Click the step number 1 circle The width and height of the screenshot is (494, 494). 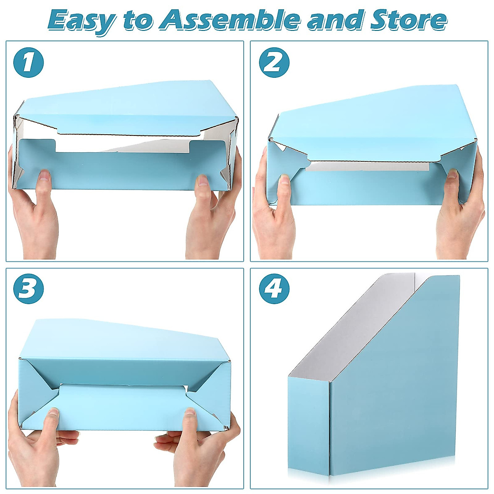(28, 63)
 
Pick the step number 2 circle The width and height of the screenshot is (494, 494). (274, 63)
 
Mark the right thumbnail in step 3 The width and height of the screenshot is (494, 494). (190, 411)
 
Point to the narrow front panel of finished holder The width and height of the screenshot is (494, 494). (308, 424)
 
